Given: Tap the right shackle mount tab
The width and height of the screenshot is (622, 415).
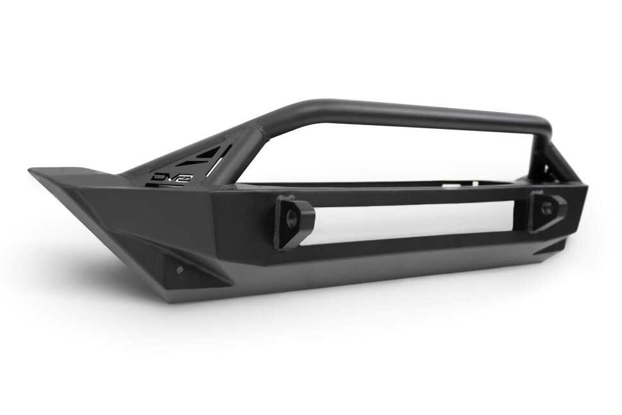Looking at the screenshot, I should [545, 211].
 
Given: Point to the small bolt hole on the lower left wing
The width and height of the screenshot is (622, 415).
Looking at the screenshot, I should [180, 268].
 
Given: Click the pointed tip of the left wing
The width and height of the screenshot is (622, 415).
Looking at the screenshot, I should [32, 171].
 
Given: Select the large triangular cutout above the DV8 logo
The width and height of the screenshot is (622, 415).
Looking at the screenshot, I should [205, 154].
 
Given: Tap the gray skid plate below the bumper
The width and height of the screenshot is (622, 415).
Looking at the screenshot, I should [359, 282].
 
